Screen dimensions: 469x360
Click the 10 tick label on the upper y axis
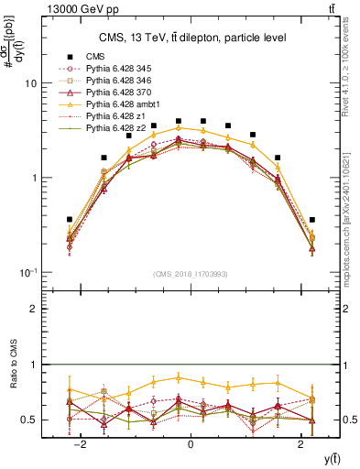pos(30,83)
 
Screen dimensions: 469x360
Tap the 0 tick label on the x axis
pos(191,444)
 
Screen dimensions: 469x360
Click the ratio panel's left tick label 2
pos(33,310)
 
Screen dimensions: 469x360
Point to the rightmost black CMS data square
pos(312,220)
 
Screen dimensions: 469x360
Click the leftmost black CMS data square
pos(69,220)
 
